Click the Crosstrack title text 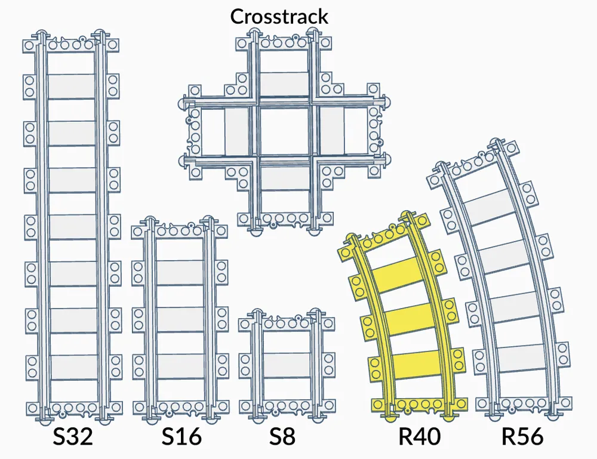[279, 16]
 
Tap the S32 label [73, 436]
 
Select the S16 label [181, 436]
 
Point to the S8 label [282, 436]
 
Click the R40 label [420, 436]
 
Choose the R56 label [522, 436]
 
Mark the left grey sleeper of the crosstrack [237, 132]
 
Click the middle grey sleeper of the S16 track [180, 319]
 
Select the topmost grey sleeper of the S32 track [71, 87]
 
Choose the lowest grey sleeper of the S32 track [74, 367]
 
